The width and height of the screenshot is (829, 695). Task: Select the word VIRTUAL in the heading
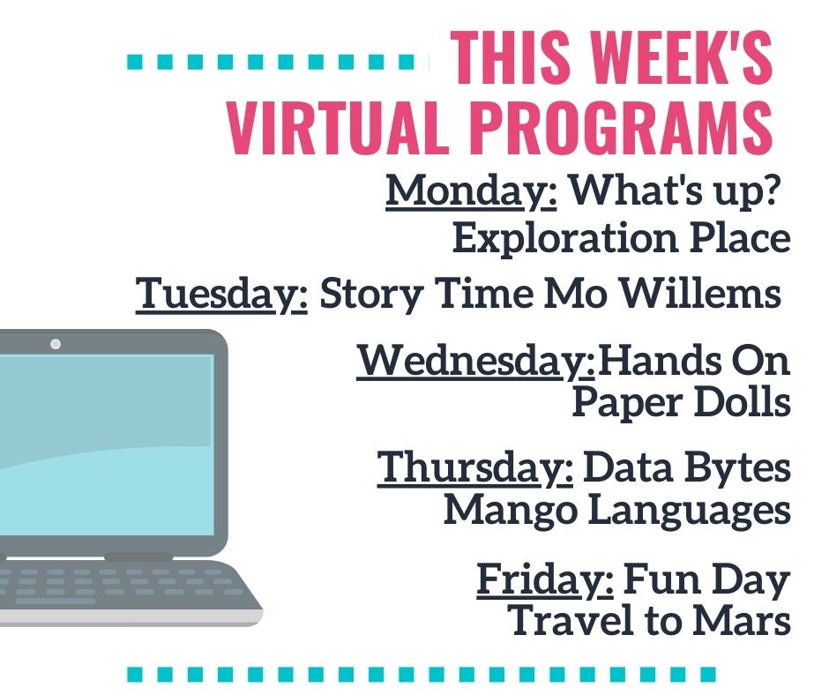pos(334,128)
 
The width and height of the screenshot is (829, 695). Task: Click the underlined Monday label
pos(471,191)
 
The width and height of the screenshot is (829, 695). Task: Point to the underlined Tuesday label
pos(221,294)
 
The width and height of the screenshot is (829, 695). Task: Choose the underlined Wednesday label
pos(476,361)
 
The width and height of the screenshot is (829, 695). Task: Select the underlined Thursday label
pos(474,468)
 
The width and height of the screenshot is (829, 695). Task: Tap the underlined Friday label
pos(545,580)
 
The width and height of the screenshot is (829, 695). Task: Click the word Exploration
pos(565,239)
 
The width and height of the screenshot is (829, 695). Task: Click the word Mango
pos(511,511)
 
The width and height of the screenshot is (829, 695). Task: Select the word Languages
pos(690,511)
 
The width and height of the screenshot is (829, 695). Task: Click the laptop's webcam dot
pos(56,344)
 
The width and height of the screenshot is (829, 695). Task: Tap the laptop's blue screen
pos(106,445)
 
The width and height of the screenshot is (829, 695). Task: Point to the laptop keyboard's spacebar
pos(56,601)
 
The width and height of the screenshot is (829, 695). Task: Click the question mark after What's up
pos(772,190)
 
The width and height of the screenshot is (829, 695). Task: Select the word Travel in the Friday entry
pos(571,621)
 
